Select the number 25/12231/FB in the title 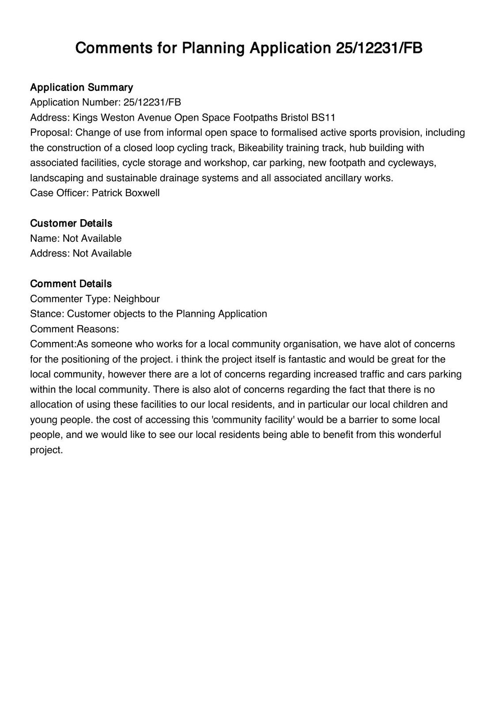pos(378,48)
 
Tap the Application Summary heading pos(81,87)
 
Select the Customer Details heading pos(71,223)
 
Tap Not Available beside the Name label pos(92,239)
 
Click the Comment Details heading pos(71,284)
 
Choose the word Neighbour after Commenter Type pos(136,299)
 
